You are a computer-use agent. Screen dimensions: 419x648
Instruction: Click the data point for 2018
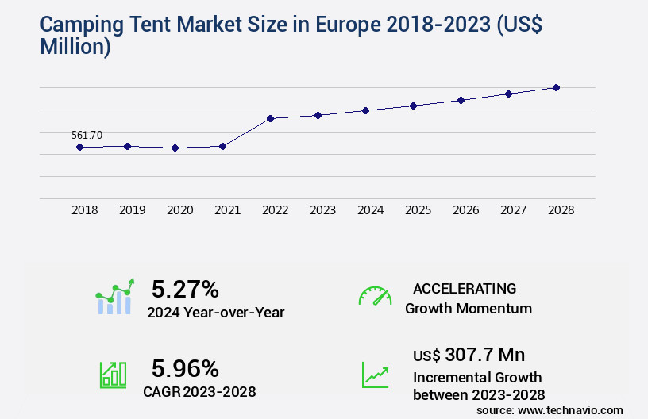[79, 147]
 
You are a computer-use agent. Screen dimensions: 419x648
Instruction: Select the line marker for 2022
[270, 118]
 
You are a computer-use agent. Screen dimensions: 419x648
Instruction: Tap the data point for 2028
[556, 87]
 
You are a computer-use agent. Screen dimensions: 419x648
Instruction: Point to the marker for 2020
[175, 148]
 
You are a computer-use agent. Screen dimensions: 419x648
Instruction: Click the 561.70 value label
[87, 135]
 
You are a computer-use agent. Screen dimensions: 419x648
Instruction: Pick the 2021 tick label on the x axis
[227, 210]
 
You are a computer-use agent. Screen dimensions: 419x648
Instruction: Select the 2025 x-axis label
[418, 210]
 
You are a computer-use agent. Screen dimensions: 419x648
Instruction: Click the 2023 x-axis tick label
[322, 210]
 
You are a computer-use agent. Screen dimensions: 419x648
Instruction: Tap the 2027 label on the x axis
[513, 210]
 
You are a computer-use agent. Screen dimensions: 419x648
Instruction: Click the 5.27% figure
[185, 289]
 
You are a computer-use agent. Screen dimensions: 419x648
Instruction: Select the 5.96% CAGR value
[185, 368]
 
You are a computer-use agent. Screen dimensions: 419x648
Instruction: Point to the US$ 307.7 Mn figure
[469, 355]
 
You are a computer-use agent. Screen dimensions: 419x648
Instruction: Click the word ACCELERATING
[465, 288]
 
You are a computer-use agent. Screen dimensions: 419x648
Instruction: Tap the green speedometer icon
[375, 296]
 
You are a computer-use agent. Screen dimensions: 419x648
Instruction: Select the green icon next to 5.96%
[113, 375]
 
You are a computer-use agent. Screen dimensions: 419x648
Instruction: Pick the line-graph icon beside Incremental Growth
[375, 375]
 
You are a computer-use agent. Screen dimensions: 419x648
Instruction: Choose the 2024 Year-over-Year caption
[215, 312]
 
